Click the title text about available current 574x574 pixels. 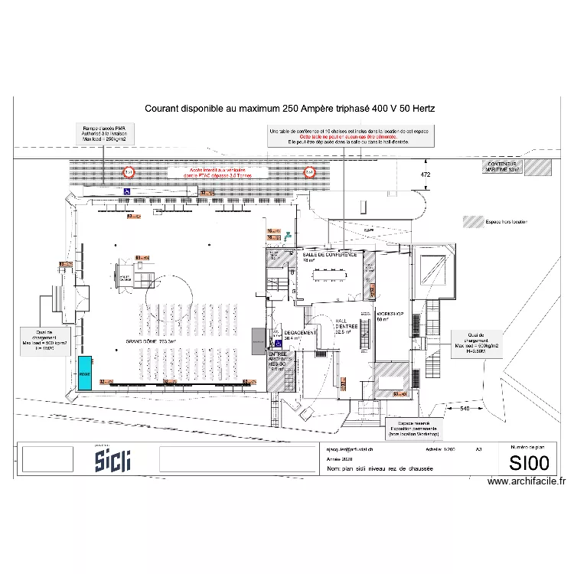(290, 109)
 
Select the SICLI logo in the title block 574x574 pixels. (113, 460)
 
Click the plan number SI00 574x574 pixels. (529, 462)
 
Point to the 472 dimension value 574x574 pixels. (426, 175)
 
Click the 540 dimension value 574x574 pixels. (464, 409)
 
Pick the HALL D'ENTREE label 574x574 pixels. (343, 328)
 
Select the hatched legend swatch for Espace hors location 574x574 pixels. (473, 223)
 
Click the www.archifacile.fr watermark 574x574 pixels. (527, 481)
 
